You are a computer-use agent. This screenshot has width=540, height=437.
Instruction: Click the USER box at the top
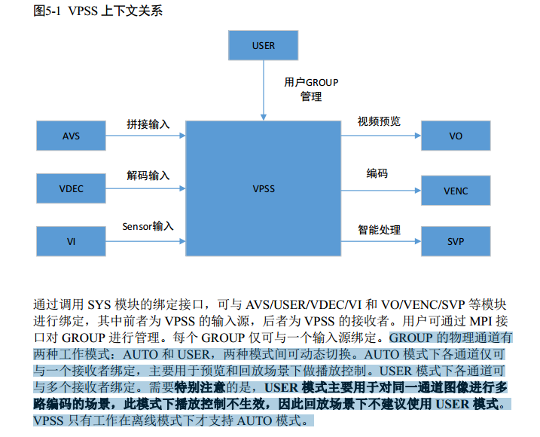pos(264,45)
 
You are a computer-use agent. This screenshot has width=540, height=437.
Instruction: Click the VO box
pos(456,136)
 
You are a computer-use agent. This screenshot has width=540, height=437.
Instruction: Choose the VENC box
pos(456,191)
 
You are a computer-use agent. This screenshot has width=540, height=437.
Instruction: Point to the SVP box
pos(456,241)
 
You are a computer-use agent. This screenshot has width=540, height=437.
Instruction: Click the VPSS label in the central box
pos(264,188)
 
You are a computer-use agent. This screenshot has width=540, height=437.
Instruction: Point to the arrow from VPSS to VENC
pos(380,188)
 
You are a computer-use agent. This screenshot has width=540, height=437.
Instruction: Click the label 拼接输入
pos(148,124)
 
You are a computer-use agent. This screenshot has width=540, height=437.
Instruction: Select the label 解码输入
pos(148,176)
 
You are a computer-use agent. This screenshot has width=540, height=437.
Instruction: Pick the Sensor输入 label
pos(148,226)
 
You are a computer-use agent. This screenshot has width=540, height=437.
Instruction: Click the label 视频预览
pos(379,121)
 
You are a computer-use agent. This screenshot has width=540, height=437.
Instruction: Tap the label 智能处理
pos(379,229)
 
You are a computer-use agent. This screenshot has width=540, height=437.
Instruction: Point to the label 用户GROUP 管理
pos(311,89)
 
